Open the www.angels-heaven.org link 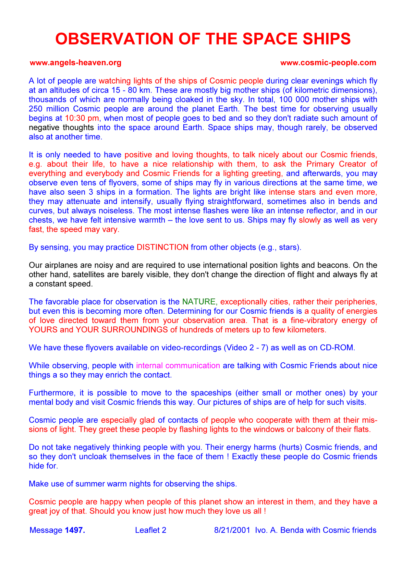pyautogui.click(x=75, y=63)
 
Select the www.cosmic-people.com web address pyautogui.click(x=328, y=63)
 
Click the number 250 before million pyautogui.click(x=36, y=109)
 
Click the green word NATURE pyautogui.click(x=199, y=302)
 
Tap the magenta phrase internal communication pyautogui.click(x=178, y=366)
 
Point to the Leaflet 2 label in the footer pyautogui.click(x=151, y=530)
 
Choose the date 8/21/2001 pyautogui.click(x=232, y=530)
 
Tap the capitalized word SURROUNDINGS pyautogui.click(x=135, y=330)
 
